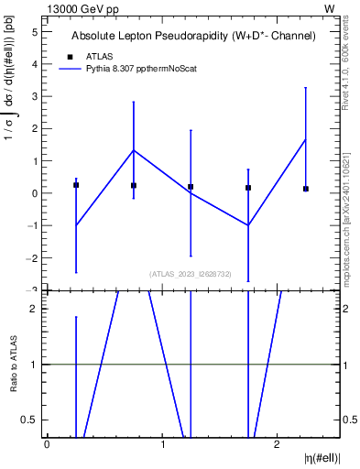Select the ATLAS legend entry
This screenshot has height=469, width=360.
point(100,56)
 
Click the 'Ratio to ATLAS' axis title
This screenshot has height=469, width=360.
point(13,364)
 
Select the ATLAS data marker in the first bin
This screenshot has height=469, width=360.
point(76,185)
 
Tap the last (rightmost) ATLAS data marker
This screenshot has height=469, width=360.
point(306,189)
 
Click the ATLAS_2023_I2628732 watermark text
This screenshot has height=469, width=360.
point(191,273)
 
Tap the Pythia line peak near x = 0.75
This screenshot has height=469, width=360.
point(134,150)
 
